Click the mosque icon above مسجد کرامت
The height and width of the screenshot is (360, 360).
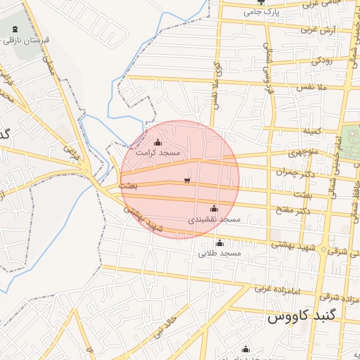click(157, 143)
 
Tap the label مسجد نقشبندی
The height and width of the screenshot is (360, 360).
click(214, 219)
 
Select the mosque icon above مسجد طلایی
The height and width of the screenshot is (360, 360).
click(219, 243)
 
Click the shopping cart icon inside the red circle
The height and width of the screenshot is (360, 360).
click(186, 181)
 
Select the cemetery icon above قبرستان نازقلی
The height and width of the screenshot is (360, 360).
click(16, 27)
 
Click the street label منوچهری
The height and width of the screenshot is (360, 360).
click(304, 153)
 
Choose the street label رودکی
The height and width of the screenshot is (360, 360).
click(326, 60)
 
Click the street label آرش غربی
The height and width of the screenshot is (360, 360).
click(317, 30)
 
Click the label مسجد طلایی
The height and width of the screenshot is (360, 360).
click(219, 252)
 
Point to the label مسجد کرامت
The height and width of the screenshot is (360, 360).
click(158, 153)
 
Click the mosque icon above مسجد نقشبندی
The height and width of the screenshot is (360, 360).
click(214, 208)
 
